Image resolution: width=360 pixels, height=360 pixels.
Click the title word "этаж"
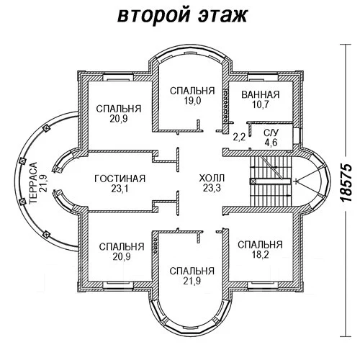222,16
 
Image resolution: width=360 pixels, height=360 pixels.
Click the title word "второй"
154,17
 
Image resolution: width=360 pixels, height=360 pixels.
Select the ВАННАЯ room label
261,94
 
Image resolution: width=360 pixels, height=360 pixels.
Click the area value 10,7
261,104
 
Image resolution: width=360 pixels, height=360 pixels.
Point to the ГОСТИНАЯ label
120,179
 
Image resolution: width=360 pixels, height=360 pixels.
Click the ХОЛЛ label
212,179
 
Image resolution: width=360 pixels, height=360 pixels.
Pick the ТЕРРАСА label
34,183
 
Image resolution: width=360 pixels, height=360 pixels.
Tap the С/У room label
271,132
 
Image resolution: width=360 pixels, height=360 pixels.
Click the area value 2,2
239,137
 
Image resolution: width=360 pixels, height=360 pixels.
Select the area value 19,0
192,101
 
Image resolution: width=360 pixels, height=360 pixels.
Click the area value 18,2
260,255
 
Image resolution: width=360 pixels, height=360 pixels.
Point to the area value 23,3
212,188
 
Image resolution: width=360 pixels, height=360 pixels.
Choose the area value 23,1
120,189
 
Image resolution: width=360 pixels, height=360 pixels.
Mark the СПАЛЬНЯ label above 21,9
192,271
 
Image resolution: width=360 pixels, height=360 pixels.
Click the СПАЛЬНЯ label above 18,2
260,245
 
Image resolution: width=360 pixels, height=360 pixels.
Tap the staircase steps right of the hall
271,181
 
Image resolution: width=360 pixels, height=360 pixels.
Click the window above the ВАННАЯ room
263,78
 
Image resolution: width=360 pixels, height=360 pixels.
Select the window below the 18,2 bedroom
263,285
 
